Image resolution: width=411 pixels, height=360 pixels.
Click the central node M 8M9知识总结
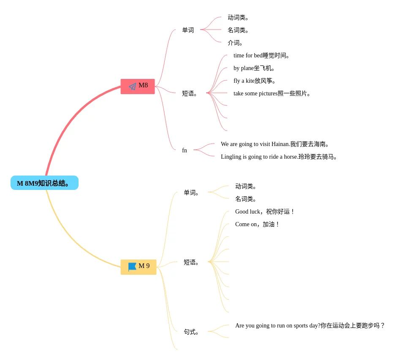pos(44,183)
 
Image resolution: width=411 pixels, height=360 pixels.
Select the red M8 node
pos(138,86)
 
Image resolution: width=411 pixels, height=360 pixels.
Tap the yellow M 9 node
pos(139,267)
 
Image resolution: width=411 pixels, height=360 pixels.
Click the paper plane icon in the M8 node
pos(132,86)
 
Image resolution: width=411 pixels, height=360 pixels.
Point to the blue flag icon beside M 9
pos(132,267)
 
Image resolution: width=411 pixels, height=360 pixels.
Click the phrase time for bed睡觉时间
pos(262,55)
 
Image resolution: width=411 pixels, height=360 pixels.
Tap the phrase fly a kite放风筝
pos(255,81)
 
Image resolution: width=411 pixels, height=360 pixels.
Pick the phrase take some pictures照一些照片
pos(273,93)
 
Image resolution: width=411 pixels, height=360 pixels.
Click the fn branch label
pos(185,150)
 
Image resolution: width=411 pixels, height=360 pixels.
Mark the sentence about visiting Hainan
pos(275,144)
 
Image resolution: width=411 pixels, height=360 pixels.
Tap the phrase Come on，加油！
pos(258,224)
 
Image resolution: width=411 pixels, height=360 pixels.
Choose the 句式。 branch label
pos(192,332)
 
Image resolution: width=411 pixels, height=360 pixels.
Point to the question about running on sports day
pos(310,325)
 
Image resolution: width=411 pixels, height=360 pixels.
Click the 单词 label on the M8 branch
pos(188,30)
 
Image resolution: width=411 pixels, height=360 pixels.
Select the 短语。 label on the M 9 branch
pos(192,262)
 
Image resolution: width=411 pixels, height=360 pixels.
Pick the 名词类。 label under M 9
pos(246,199)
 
